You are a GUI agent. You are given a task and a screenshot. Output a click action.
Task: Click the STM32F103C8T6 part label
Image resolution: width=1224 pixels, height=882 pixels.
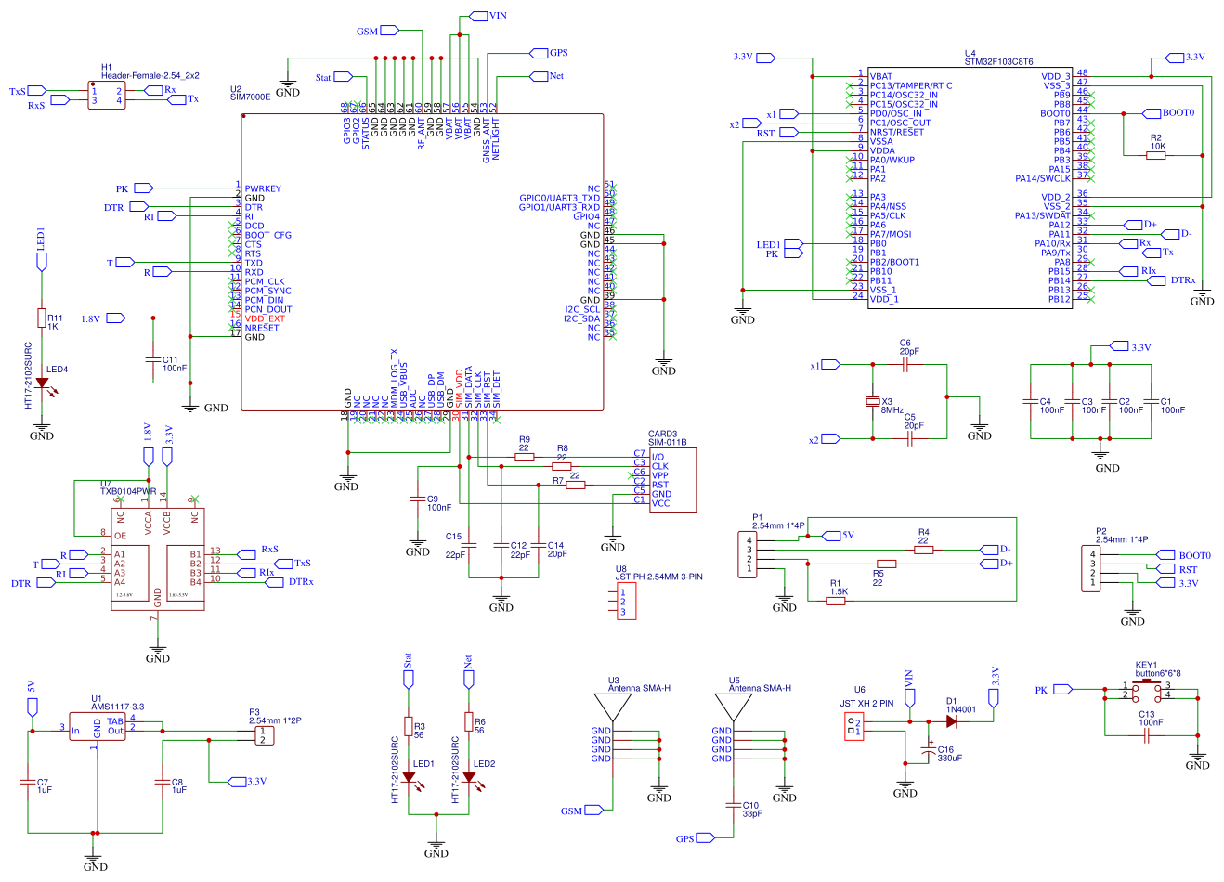[x=998, y=62]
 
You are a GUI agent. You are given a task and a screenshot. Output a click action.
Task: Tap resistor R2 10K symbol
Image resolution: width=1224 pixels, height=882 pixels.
[x=1155, y=156]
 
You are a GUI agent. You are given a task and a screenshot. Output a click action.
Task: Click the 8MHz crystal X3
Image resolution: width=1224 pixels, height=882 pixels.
[x=873, y=401]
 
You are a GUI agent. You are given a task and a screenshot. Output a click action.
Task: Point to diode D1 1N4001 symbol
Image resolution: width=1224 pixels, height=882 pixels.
[x=952, y=721]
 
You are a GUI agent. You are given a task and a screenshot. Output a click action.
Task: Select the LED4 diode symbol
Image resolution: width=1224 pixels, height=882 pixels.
[x=42, y=383]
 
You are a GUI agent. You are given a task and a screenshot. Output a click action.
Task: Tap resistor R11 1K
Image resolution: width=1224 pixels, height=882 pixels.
[x=42, y=318]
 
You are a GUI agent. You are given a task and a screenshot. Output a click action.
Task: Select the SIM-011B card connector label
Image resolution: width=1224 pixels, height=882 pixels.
[x=667, y=443]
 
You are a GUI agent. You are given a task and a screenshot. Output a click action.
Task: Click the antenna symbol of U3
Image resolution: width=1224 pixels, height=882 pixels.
[x=612, y=707]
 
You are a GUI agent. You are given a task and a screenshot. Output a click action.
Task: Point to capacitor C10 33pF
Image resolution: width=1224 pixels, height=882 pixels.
[x=734, y=805]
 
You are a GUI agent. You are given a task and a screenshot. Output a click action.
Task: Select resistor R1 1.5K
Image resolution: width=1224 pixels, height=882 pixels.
[x=836, y=601]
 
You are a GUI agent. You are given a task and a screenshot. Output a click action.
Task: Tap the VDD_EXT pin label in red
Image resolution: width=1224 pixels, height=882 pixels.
[x=265, y=318]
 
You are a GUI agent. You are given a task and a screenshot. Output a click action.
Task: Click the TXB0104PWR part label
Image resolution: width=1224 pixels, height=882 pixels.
[x=128, y=492]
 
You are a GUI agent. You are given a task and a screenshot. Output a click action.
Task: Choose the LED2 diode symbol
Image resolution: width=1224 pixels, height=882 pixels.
[x=469, y=777]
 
